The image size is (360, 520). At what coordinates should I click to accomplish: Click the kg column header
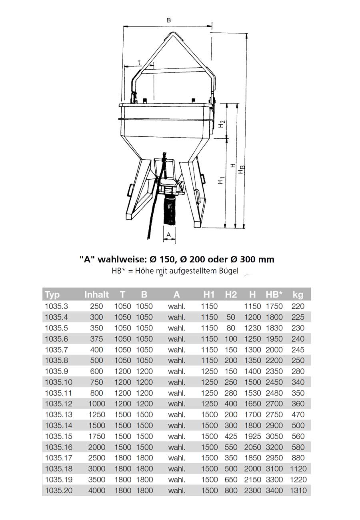(x=298, y=295)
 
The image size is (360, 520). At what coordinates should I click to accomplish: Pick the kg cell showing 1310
(x=298, y=490)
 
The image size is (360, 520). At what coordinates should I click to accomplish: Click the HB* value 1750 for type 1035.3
(x=274, y=306)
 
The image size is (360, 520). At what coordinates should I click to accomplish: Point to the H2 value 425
(x=231, y=436)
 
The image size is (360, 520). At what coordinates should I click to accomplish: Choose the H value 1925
(x=252, y=436)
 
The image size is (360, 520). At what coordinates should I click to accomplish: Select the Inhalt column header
(x=96, y=295)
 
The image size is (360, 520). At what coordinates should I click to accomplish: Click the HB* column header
(x=274, y=295)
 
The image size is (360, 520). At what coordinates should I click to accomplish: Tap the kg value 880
(x=298, y=458)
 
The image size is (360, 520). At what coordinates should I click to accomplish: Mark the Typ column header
(x=52, y=295)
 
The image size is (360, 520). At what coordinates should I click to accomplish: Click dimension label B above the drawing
(x=168, y=20)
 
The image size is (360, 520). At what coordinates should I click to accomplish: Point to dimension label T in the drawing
(x=139, y=62)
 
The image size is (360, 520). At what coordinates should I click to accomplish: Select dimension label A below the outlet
(x=168, y=234)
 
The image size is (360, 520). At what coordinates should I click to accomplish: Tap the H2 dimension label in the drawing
(x=222, y=124)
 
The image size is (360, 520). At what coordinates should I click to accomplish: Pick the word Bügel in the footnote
(x=228, y=271)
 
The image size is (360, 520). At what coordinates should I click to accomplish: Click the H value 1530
(x=252, y=393)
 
